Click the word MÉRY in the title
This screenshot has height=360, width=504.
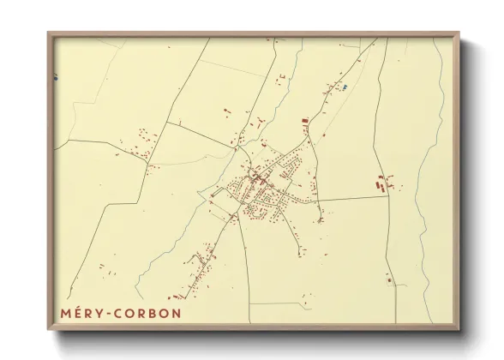(x=82, y=313)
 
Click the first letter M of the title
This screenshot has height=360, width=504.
(x=66, y=313)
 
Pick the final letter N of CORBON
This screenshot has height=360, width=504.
(x=176, y=313)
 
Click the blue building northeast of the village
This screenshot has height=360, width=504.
(x=344, y=87)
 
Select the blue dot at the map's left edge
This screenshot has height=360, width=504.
(x=56, y=78)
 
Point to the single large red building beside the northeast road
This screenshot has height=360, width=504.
(x=304, y=122)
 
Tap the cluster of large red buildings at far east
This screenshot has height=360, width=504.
(x=382, y=181)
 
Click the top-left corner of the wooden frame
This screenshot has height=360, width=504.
(x=48, y=34)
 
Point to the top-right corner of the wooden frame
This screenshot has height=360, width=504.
(x=459, y=34)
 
